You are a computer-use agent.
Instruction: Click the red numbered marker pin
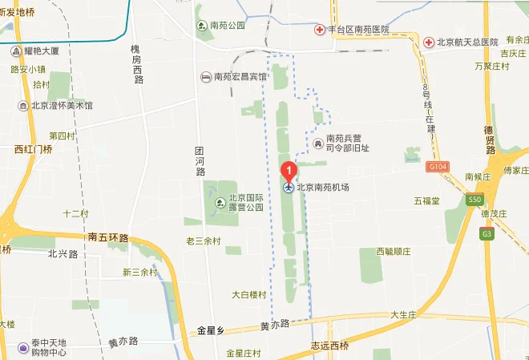[289, 170]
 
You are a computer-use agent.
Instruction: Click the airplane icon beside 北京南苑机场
[289, 188]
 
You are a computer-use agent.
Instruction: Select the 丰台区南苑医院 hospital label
[357, 30]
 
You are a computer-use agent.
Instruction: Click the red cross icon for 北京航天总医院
[430, 41]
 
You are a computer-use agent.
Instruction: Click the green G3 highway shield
[486, 233]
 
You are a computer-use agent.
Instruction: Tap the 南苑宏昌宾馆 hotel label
[238, 77]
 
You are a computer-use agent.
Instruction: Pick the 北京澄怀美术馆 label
[62, 105]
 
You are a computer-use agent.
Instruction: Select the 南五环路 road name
[108, 237]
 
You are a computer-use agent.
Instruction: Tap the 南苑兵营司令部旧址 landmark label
[347, 142]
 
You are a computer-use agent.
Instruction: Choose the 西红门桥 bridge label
[33, 149]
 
